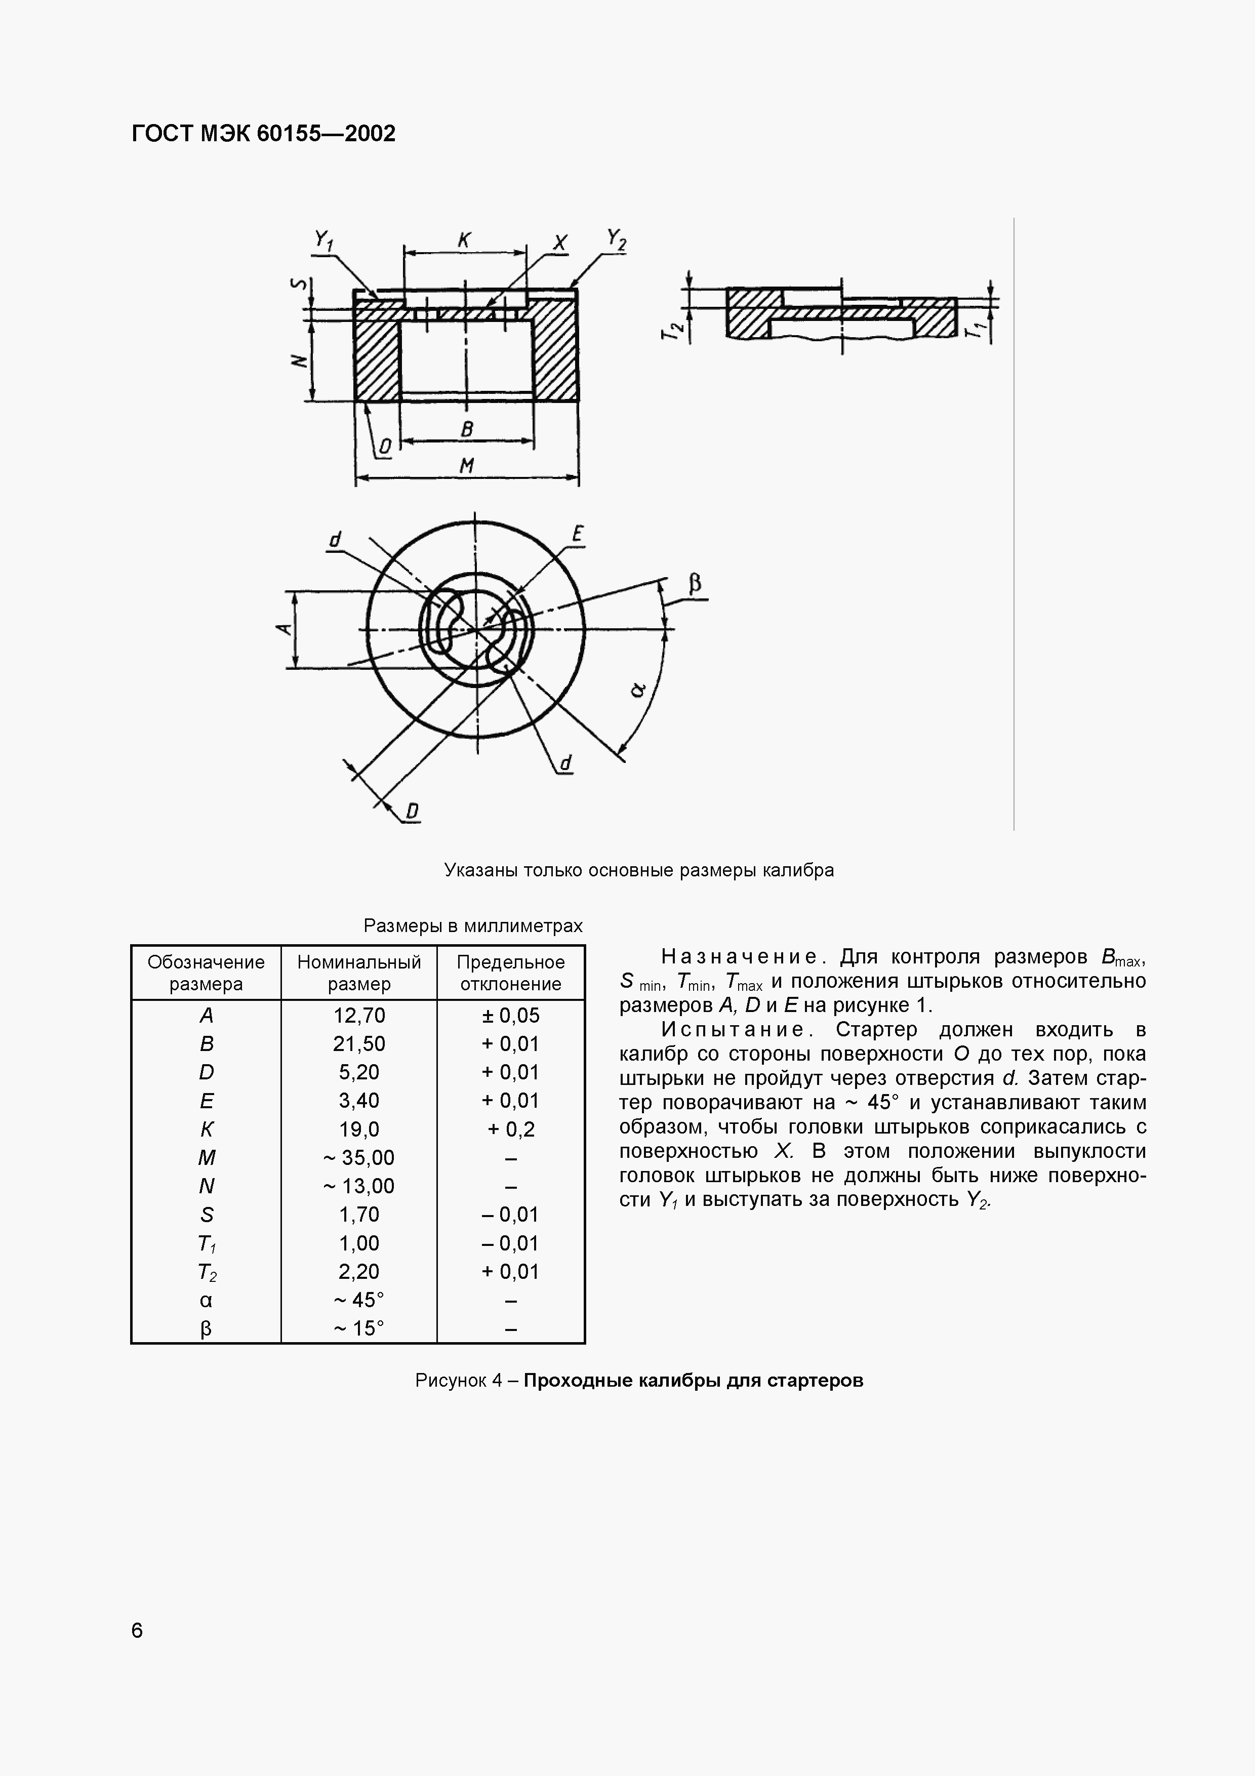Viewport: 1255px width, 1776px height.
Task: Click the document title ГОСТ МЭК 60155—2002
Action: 264,134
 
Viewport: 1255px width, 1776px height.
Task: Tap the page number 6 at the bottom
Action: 137,1631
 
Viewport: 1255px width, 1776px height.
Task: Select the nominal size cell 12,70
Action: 359,1016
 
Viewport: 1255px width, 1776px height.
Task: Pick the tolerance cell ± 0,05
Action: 510,1016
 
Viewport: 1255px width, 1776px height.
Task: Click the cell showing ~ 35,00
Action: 359,1158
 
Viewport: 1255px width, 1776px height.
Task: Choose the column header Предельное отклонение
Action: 510,973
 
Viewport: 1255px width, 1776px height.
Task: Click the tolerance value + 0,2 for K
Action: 510,1129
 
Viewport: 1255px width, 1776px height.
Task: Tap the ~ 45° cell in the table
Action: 359,1300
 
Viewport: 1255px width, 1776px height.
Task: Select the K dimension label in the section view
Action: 464,240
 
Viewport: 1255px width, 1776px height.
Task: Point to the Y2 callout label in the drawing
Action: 616,240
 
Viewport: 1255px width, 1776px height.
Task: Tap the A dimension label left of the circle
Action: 284,629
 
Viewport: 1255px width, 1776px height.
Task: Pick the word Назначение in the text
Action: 740,958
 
